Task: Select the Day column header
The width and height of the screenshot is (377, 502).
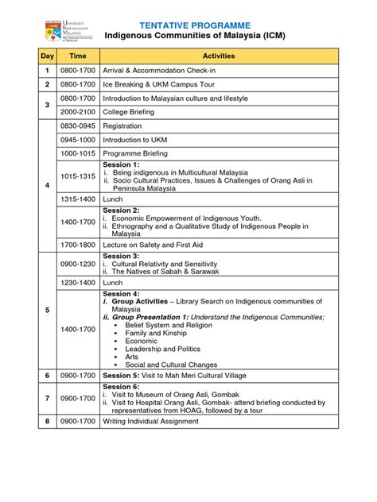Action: pyautogui.click(x=47, y=56)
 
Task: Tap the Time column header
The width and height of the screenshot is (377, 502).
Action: pyautogui.click(x=78, y=56)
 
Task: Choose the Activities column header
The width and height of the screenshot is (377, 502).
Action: pyautogui.click(x=219, y=56)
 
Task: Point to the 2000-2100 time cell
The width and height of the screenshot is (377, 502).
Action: pyautogui.click(x=78, y=112)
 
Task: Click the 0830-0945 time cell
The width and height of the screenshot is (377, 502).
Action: pyautogui.click(x=78, y=126)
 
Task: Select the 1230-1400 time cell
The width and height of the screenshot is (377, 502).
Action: pyautogui.click(x=78, y=283)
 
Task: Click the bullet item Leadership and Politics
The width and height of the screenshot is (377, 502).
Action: pyautogui.click(x=164, y=347)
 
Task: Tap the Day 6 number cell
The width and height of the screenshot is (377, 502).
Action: pyautogui.click(x=47, y=376)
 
